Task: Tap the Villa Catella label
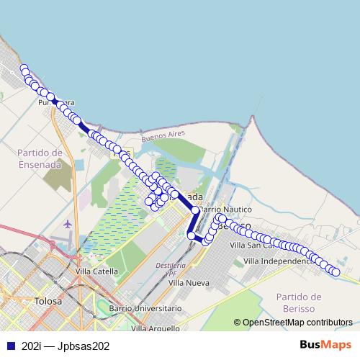(96, 271)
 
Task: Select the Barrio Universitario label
(145, 308)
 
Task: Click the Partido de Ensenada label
(41, 158)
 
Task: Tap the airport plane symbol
(68, 223)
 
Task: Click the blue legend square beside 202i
(10, 346)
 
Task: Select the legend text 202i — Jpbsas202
(66, 346)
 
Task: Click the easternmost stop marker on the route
(336, 271)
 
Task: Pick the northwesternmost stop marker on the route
(24, 69)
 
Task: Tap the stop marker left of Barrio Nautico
(194, 210)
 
